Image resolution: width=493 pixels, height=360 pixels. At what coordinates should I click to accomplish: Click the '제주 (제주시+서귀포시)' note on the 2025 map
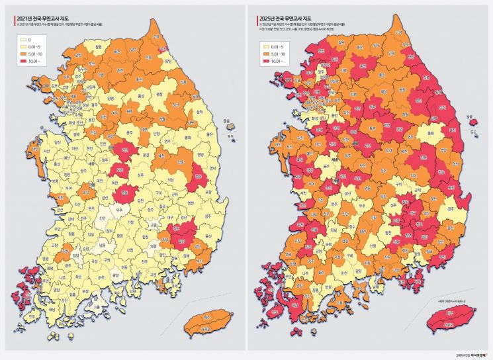click(x=453, y=301)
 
